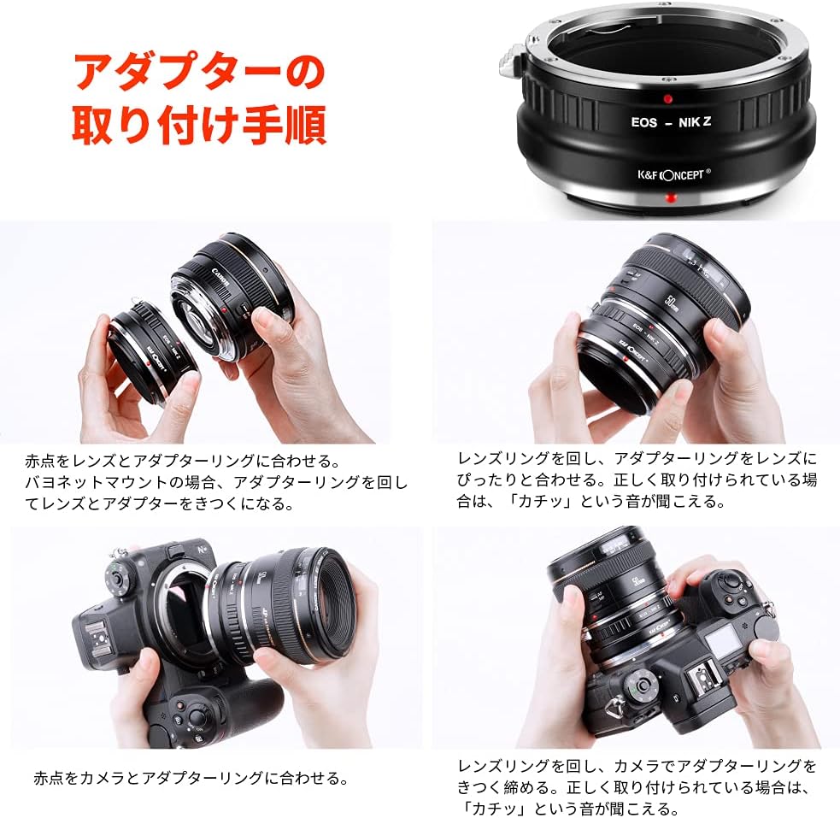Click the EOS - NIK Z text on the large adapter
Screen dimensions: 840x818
(671, 122)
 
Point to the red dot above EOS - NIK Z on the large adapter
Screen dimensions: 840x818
(667, 99)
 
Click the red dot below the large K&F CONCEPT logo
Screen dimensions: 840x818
(671, 199)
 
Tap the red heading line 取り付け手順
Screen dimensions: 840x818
(199, 125)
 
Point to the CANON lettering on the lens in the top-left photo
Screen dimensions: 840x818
(220, 278)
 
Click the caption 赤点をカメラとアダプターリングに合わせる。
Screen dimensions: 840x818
(191, 778)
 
